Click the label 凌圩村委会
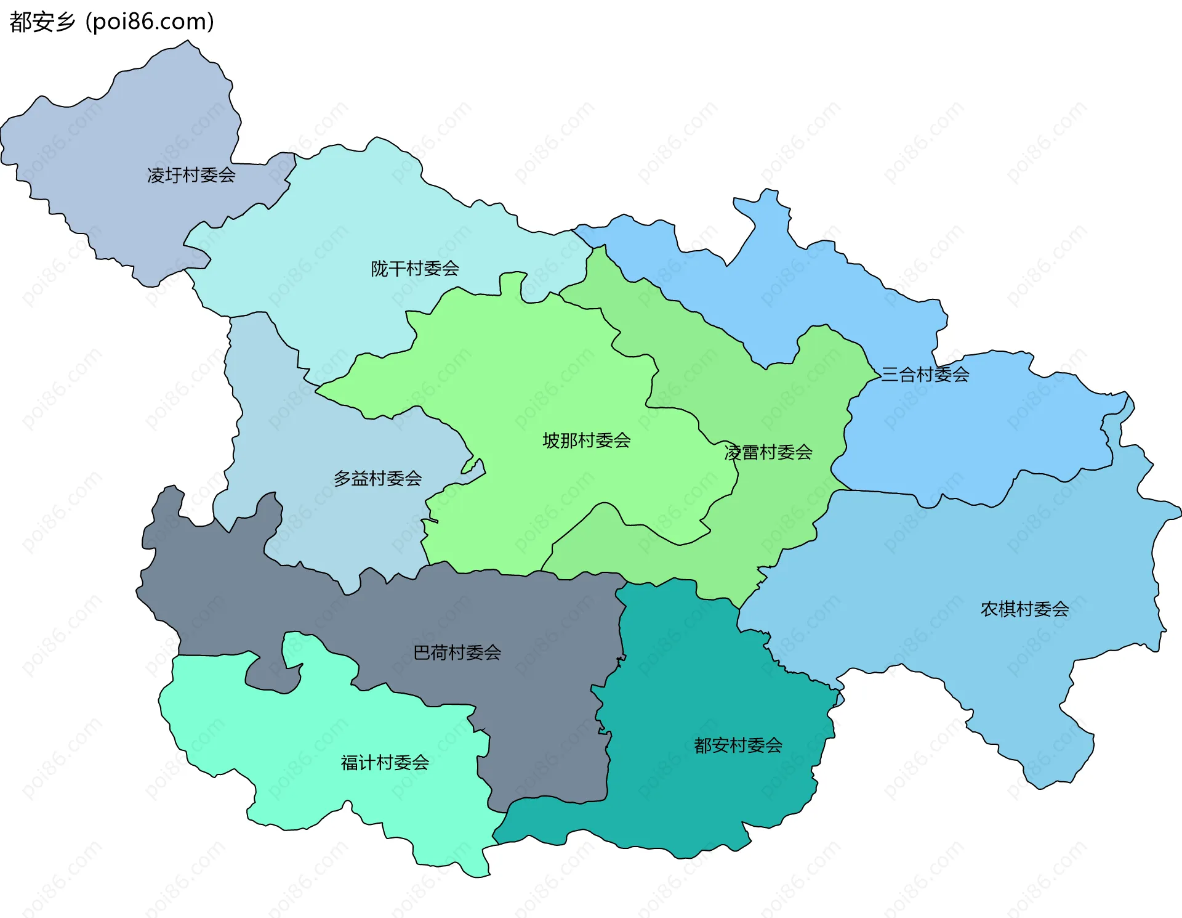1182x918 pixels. [191, 176]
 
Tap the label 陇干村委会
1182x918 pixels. [415, 269]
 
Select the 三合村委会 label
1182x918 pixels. [925, 375]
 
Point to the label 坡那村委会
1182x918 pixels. [587, 441]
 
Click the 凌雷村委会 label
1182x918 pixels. [768, 453]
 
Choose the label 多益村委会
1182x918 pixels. [378, 479]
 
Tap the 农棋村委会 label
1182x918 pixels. [1024, 609]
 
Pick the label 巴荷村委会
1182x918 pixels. [457, 652]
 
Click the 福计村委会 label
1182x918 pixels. [385, 763]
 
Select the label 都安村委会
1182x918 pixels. [738, 745]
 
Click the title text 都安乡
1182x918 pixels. [42, 22]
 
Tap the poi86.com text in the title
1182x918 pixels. [150, 22]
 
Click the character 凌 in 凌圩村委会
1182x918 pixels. [156, 176]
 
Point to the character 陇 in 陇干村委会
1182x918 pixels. [380, 269]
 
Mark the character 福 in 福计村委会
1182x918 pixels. [350, 763]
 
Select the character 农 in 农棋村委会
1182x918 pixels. [989, 609]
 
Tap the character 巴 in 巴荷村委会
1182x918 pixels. [422, 652]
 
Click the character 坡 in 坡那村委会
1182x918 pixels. [552, 441]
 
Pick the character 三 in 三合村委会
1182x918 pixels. [890, 375]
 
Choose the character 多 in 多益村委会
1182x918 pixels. [343, 479]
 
